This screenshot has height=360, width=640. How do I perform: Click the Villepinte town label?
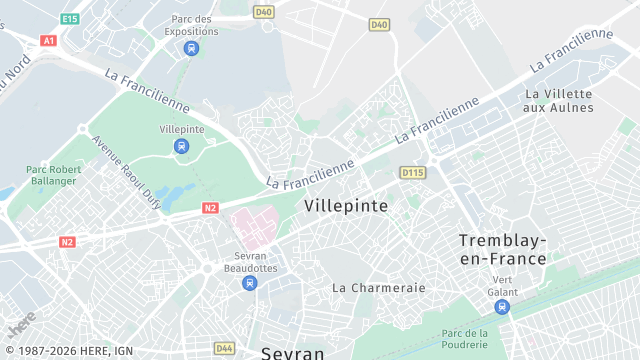tap(345, 204)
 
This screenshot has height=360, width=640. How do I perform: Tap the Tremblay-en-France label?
tap(502, 249)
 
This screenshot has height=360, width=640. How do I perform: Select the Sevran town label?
tap(292, 352)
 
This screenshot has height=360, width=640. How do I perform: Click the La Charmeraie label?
tap(379, 287)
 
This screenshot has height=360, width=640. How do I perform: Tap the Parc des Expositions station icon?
tap(191, 47)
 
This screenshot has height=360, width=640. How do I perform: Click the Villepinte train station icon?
tap(181, 146)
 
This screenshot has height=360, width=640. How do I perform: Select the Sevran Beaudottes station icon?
tap(250, 283)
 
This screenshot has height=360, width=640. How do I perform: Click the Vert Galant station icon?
tap(502, 306)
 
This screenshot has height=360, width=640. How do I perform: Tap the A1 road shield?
tap(48, 41)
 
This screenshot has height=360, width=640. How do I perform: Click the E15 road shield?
tap(69, 19)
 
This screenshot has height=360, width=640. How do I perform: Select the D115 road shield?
tap(412, 173)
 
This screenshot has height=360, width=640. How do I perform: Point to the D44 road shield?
tap(224, 348)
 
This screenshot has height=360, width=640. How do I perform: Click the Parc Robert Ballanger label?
tap(51, 175)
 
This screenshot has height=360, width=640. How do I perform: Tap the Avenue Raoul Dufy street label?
tap(127, 169)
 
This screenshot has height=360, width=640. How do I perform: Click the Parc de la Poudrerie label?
tap(464, 338)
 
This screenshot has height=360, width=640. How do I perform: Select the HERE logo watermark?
tap(22, 323)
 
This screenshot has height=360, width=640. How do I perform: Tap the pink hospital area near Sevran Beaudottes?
tap(253, 225)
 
